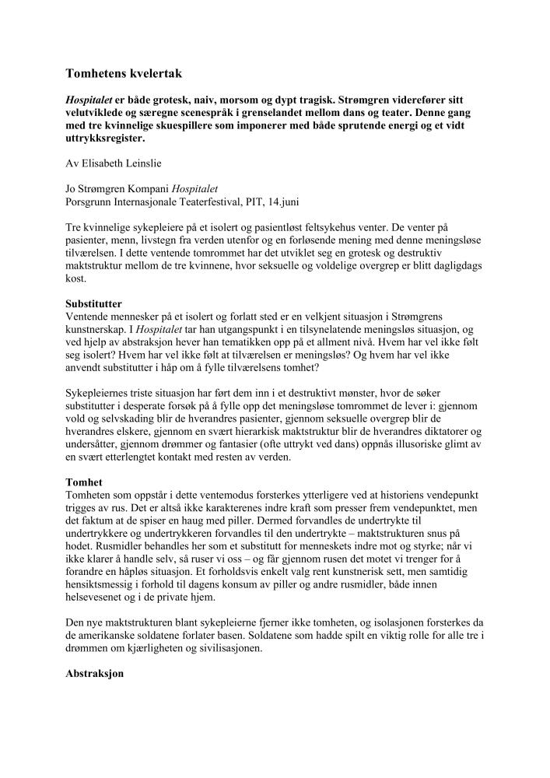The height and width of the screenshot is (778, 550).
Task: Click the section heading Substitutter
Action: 94,302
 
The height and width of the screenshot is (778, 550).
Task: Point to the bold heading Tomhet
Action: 83,482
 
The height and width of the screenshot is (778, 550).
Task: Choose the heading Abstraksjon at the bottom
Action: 95,675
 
